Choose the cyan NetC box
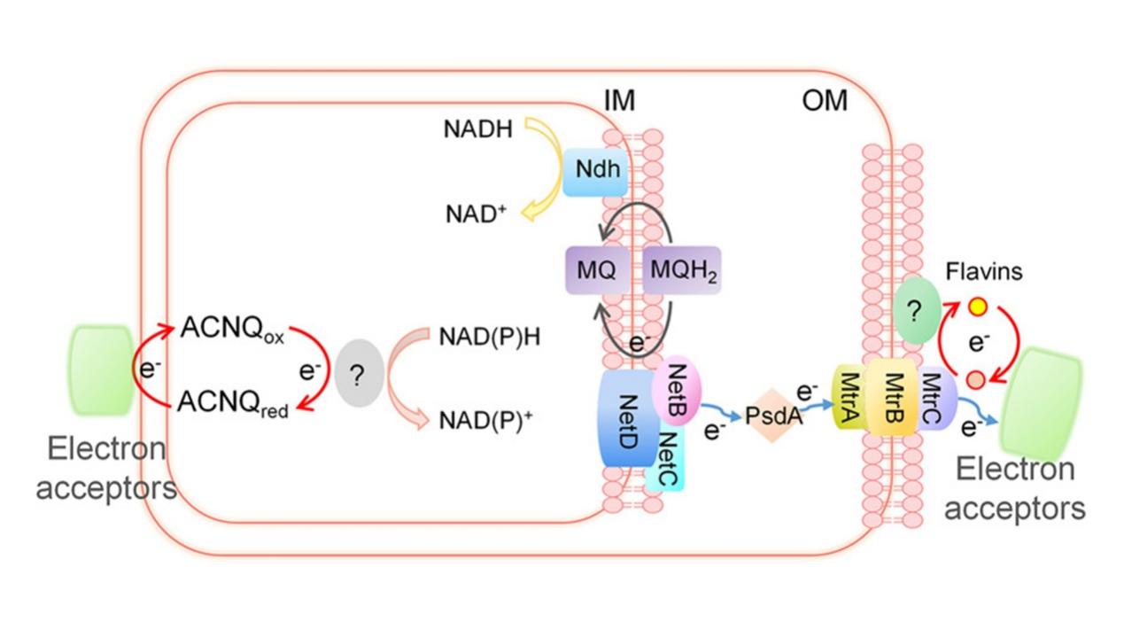[x=666, y=457]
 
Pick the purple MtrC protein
[x=931, y=398]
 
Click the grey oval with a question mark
[x=357, y=376]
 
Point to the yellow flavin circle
[x=977, y=307]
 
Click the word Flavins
[x=983, y=271]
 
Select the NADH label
[x=478, y=129]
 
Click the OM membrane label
[x=824, y=101]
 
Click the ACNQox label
[x=232, y=329]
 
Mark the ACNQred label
[x=232, y=402]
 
